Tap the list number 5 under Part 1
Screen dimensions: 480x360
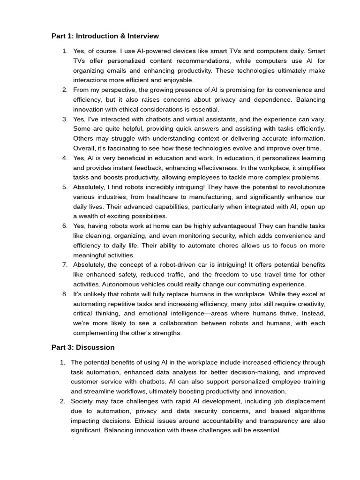(65, 187)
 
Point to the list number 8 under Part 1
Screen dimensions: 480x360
(65, 294)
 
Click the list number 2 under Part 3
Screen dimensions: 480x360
(62, 401)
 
